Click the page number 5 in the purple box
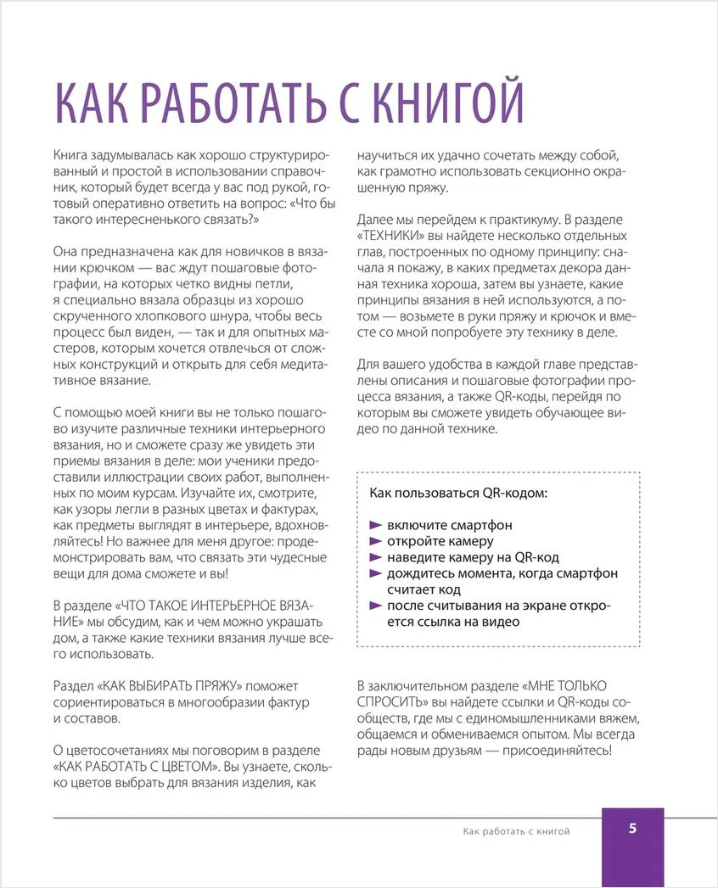(x=633, y=829)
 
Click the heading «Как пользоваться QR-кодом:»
(x=458, y=493)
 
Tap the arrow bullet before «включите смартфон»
(x=376, y=526)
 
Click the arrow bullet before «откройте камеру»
(x=376, y=542)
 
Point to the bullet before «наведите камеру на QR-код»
(x=376, y=557)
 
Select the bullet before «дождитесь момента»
(x=376, y=574)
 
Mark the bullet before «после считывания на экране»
(x=376, y=606)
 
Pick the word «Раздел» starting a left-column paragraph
(x=73, y=685)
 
